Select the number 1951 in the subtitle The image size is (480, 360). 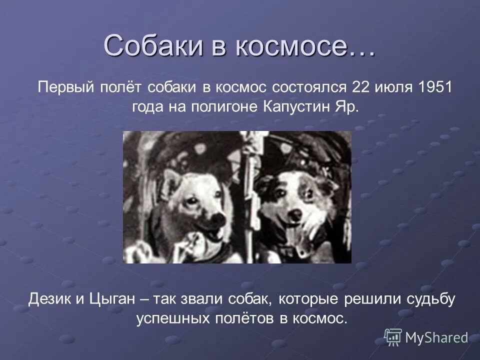[435, 87]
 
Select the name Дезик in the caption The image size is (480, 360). [48, 299]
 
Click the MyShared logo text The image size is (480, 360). [436, 337]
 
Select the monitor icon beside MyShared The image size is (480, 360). [393, 337]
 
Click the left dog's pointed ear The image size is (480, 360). [170, 176]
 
